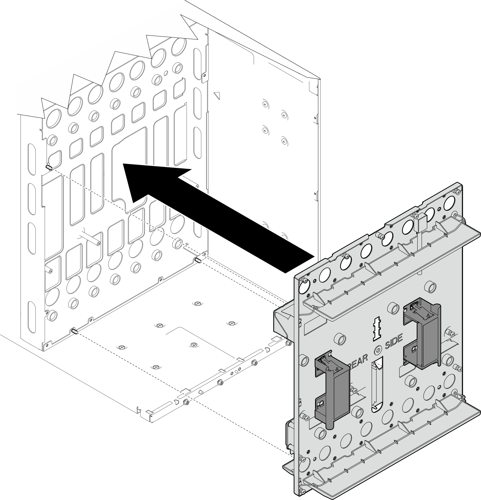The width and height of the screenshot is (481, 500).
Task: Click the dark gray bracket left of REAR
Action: point(332,385)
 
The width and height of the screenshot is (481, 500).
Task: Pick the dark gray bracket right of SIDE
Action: point(421,332)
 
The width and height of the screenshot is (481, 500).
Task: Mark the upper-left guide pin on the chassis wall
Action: point(49,167)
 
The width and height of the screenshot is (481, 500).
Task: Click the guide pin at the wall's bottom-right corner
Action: point(198,260)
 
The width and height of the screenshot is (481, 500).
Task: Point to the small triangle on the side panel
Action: point(217,95)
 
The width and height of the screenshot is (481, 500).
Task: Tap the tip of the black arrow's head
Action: point(124,164)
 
